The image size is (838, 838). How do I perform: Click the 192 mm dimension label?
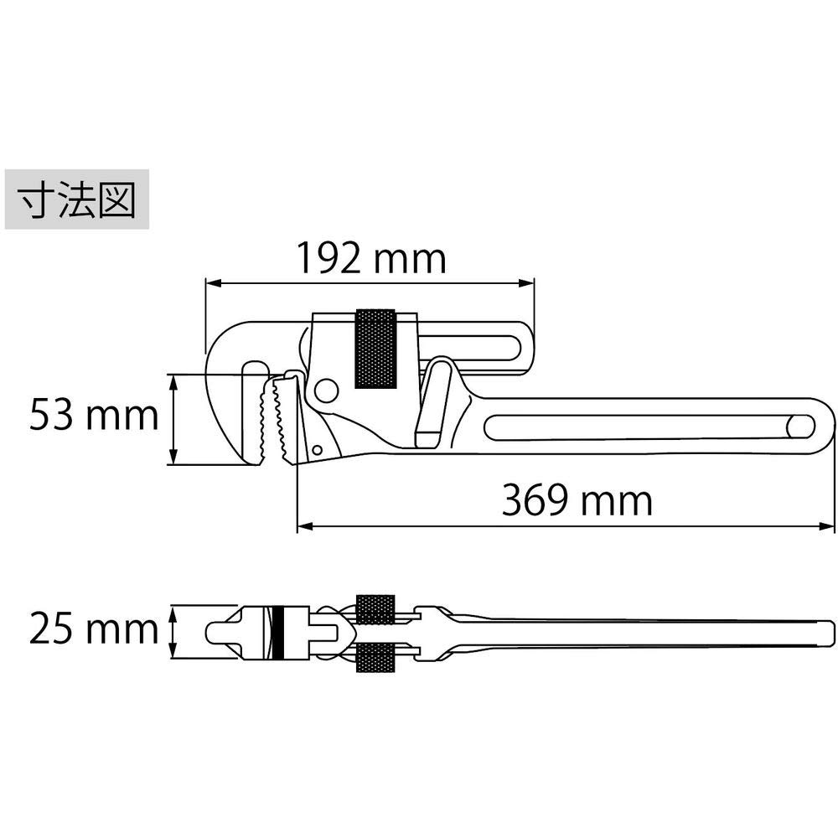coord(371,259)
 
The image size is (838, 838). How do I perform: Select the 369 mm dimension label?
coord(577,501)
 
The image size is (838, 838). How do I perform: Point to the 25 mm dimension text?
coord(94,628)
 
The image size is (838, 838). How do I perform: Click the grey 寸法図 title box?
coord(77,199)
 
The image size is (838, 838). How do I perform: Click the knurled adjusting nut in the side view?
coord(375,349)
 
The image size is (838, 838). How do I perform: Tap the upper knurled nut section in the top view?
coord(375,609)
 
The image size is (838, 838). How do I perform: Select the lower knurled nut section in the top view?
coord(375,657)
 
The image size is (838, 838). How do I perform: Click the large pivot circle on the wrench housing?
coord(326,391)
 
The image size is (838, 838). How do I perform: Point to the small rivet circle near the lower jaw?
coord(317,449)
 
